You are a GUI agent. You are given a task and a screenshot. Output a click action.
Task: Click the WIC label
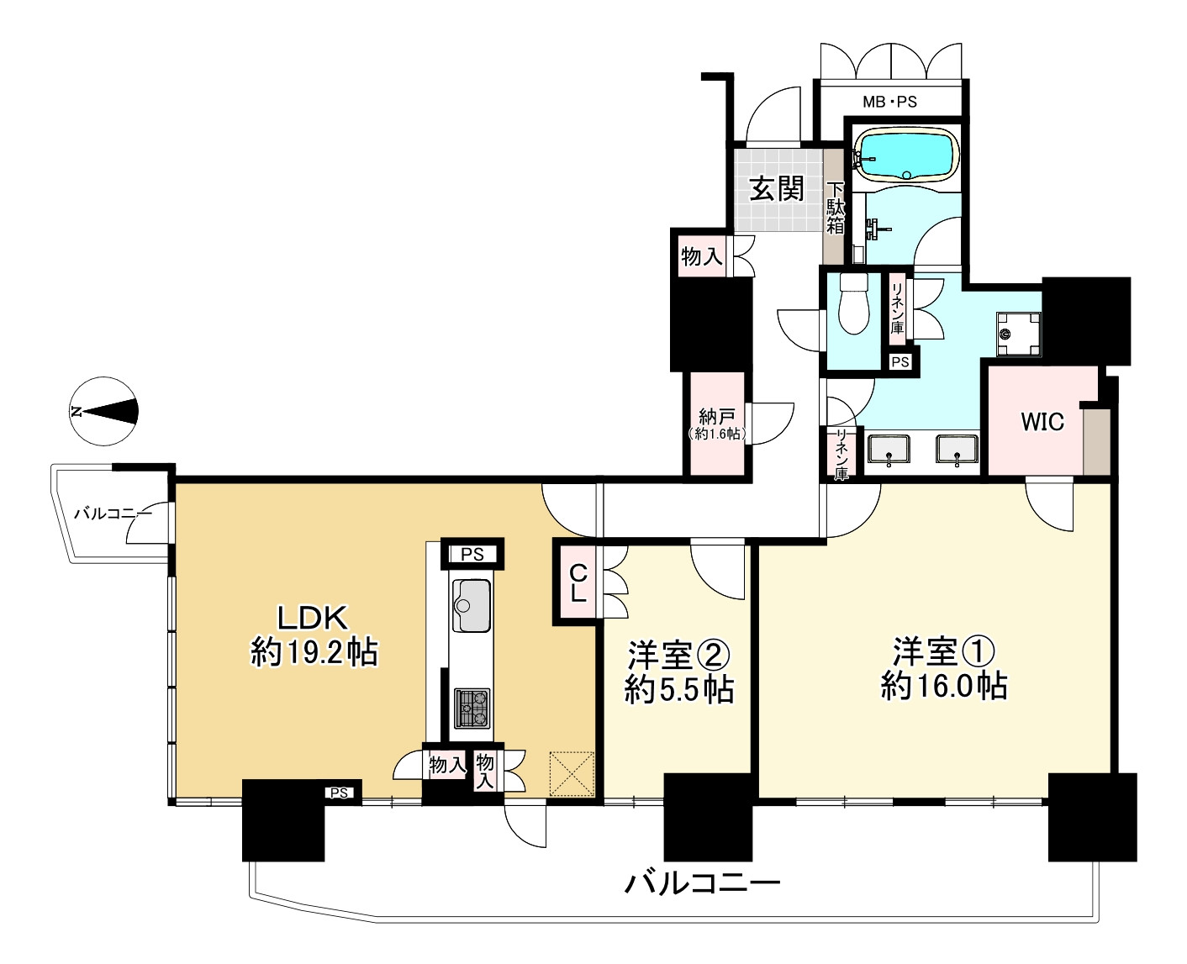(1042, 421)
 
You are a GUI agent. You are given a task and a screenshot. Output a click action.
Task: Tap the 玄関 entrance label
(777, 189)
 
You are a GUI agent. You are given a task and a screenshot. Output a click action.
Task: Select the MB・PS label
(889, 103)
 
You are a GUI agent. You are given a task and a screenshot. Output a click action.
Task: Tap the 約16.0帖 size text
(944, 687)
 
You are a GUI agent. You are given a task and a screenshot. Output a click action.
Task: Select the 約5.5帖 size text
(678, 690)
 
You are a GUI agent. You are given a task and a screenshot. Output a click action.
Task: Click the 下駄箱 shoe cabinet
(834, 207)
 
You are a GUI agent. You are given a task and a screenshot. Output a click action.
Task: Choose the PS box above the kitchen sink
(472, 554)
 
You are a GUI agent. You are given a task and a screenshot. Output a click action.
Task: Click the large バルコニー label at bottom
(702, 884)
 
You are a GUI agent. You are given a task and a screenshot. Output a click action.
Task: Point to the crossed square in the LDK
(572, 773)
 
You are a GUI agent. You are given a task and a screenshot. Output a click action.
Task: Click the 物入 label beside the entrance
(701, 255)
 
